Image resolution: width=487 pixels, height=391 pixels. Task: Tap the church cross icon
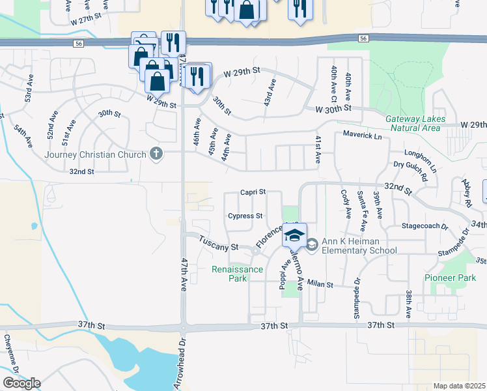(156, 154)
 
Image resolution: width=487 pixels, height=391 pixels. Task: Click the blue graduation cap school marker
(294, 235)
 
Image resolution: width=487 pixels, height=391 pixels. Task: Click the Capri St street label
(253, 192)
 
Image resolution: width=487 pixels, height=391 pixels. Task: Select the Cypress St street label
(245, 216)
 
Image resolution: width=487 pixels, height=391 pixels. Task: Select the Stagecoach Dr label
(425, 227)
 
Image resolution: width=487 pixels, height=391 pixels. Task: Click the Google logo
(21, 383)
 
